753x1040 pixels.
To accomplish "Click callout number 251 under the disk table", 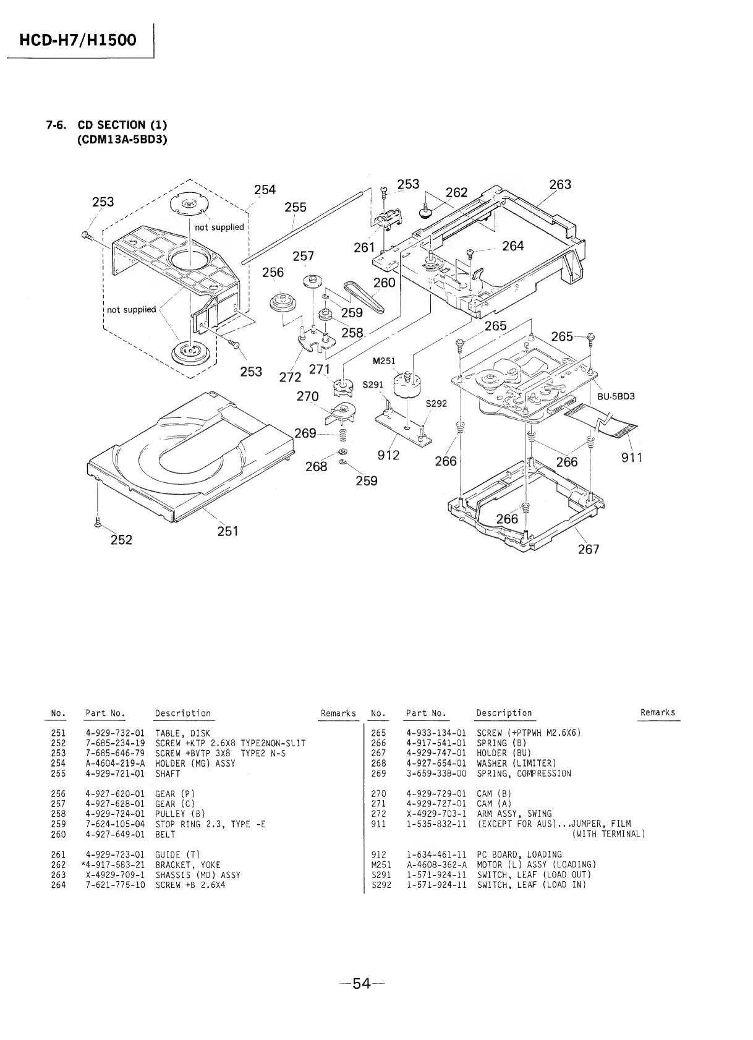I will point(228,531).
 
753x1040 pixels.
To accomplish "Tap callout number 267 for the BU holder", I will point(588,549).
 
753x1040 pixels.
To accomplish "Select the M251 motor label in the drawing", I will point(384,361).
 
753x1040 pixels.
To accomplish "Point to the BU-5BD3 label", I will point(616,396).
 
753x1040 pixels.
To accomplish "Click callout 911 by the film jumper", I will point(632,458).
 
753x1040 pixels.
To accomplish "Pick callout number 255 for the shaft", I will point(296,207).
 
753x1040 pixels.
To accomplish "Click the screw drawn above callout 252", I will point(97,522).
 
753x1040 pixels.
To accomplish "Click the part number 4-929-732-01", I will point(115,733).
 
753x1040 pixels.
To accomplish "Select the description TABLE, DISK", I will point(182,733).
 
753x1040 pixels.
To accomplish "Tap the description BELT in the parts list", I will point(165,834).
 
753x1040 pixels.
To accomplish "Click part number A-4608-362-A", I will point(436,864).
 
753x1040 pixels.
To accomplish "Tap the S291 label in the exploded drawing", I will point(373,384).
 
